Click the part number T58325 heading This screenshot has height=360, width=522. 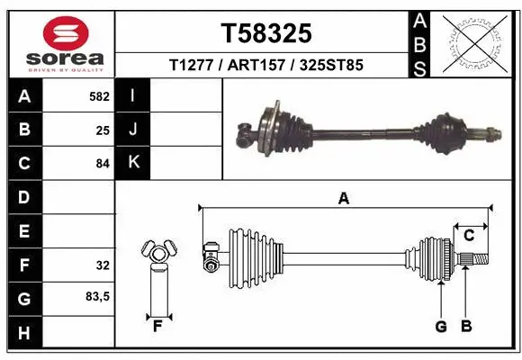pyautogui.click(x=266, y=33)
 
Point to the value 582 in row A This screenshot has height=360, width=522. pyautogui.click(x=99, y=96)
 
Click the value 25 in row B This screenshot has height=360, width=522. pyautogui.click(x=103, y=130)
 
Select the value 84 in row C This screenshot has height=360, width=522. pyautogui.click(x=103, y=164)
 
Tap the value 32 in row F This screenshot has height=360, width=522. pyautogui.click(x=103, y=265)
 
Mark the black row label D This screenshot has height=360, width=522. pyautogui.click(x=23, y=197)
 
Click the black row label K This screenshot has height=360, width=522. pyautogui.click(x=133, y=163)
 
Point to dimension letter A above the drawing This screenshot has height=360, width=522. pyautogui.click(x=343, y=199)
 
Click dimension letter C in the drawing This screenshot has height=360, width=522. pyautogui.click(x=469, y=236)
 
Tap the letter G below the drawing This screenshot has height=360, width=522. pyautogui.click(x=441, y=327)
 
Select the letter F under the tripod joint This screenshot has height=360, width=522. pyautogui.click(x=157, y=325)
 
